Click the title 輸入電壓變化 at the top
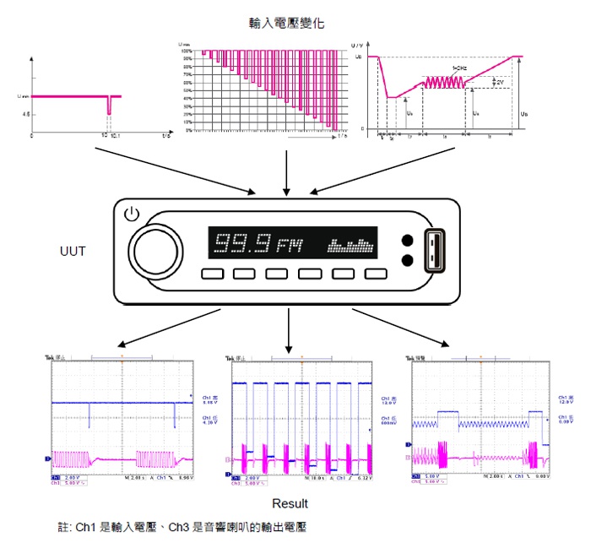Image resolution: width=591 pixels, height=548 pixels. pyautogui.click(x=287, y=21)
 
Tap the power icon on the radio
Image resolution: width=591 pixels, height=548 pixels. pyautogui.click(x=130, y=215)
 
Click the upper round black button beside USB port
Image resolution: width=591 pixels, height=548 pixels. pyautogui.click(x=408, y=240)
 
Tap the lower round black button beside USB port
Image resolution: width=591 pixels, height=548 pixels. pyautogui.click(x=408, y=260)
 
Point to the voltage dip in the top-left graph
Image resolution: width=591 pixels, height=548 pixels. pyautogui.click(x=108, y=105)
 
